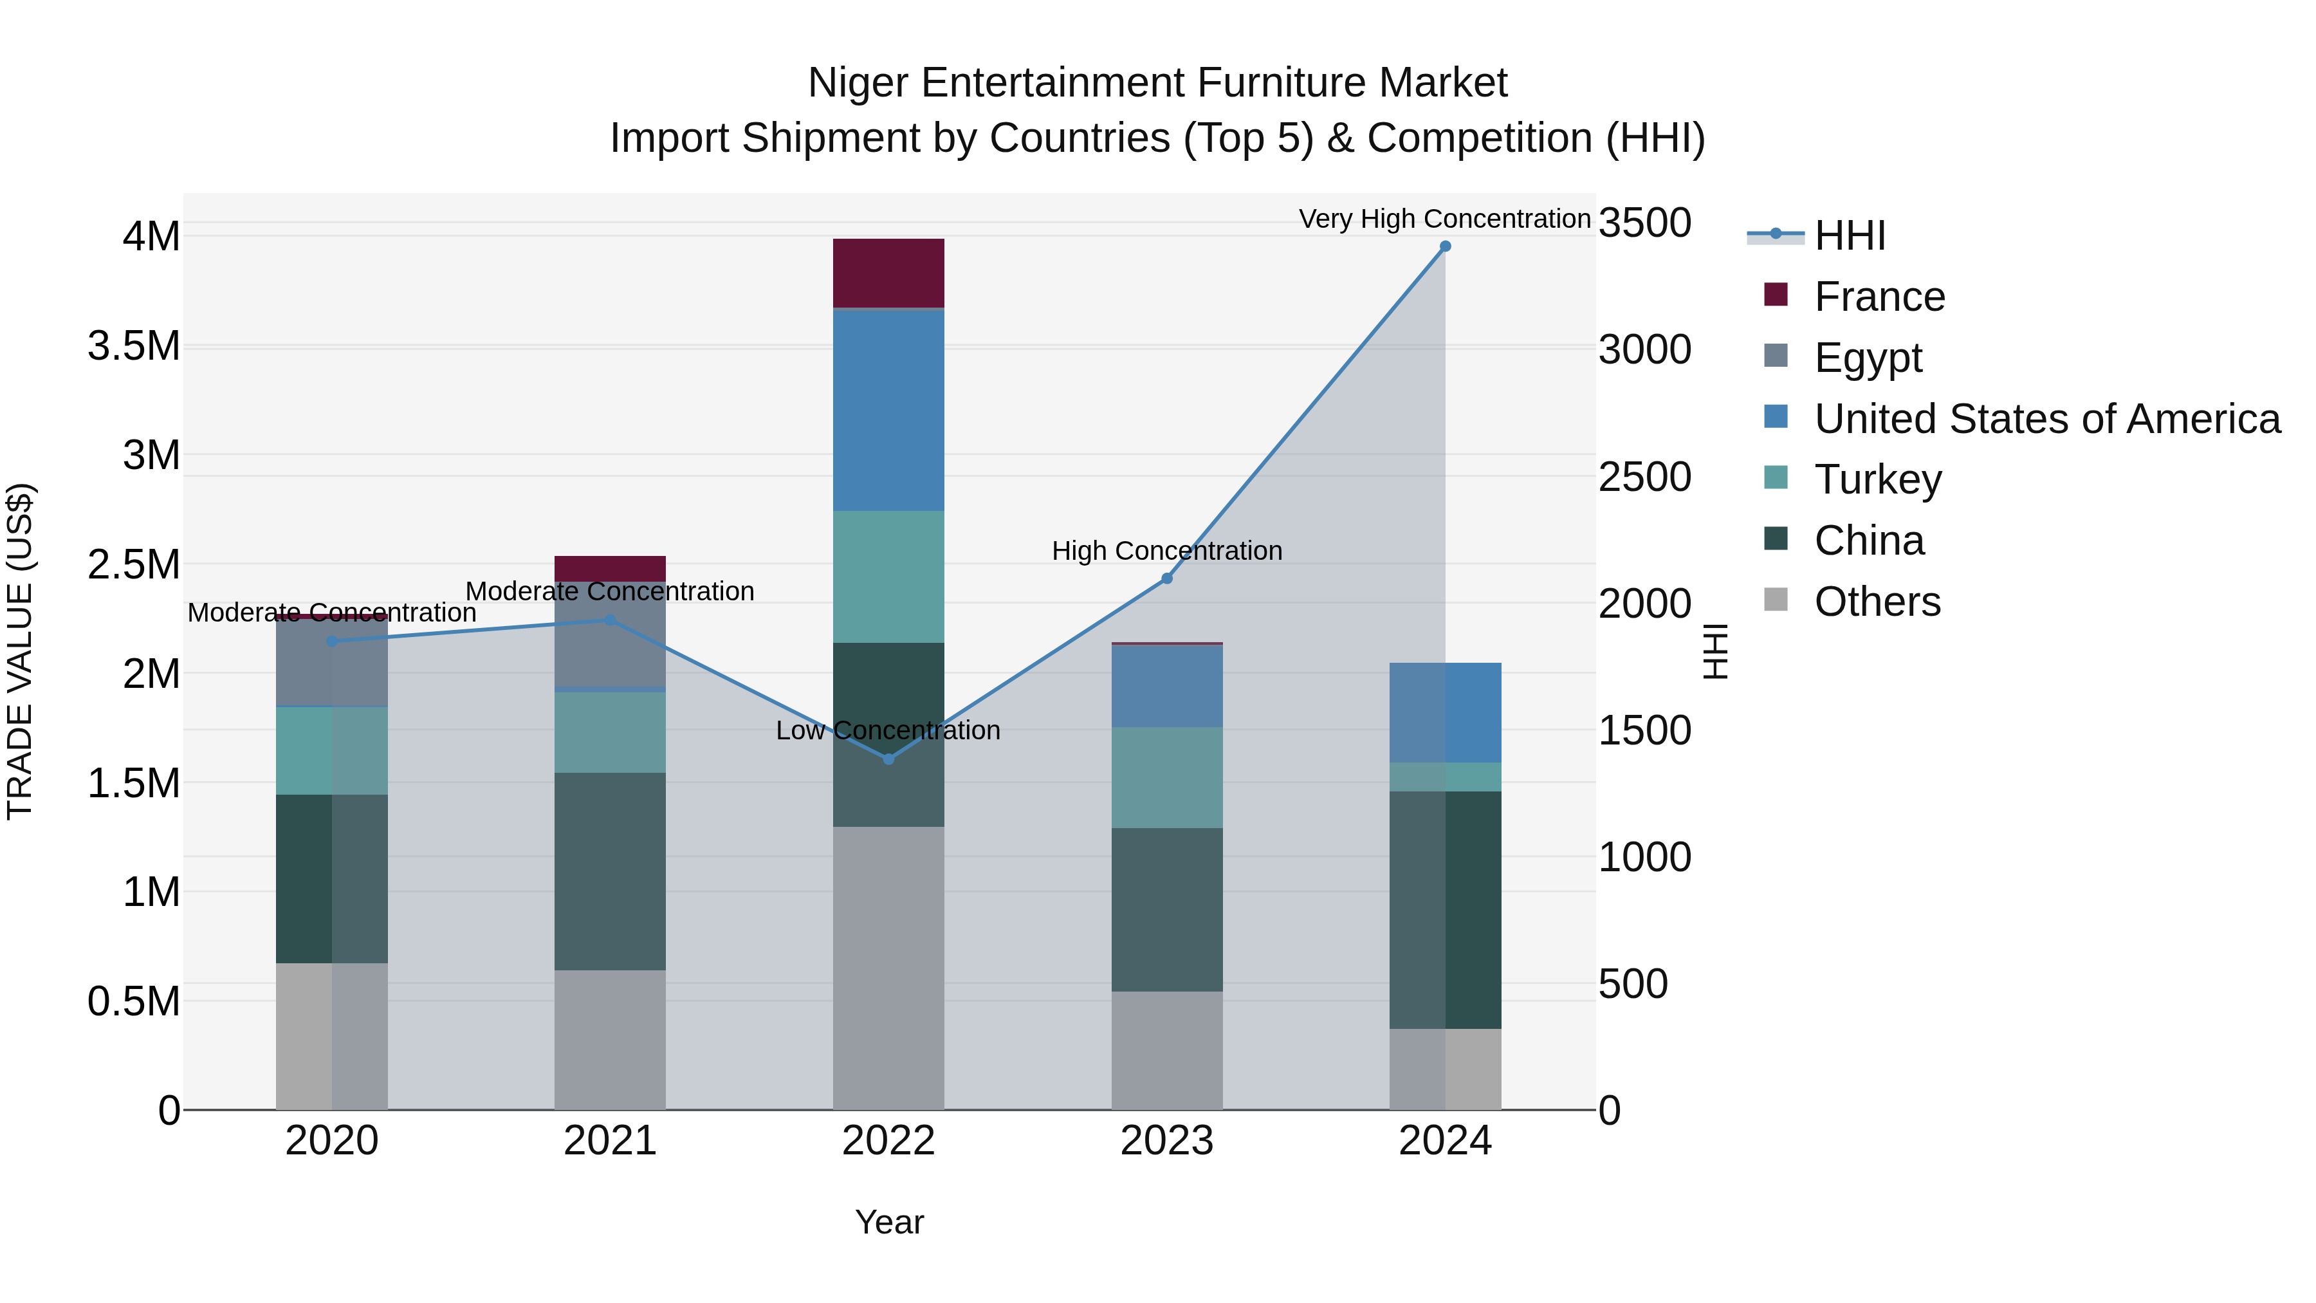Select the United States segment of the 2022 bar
click(888, 410)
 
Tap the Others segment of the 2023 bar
click(1167, 1050)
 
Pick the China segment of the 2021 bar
click(610, 871)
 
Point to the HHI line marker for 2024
click(1445, 246)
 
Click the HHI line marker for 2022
click(888, 759)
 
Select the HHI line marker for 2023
click(1167, 578)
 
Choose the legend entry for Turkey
click(1877, 479)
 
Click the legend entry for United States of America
click(2046, 419)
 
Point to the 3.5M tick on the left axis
click(134, 346)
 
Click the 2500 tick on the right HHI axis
click(1644, 477)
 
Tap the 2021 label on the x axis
click(610, 1141)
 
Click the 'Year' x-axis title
click(889, 1222)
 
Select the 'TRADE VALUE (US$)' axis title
click(20, 651)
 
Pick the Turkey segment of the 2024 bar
click(1445, 777)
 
